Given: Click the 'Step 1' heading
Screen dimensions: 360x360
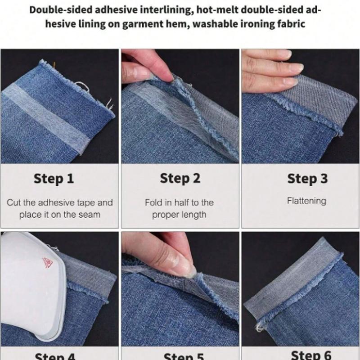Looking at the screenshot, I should pyautogui.click(x=54, y=179).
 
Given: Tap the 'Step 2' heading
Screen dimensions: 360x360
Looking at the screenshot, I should pyautogui.click(x=180, y=179).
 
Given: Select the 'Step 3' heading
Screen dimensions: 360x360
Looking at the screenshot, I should pyautogui.click(x=307, y=179).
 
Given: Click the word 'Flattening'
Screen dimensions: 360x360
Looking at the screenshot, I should pyautogui.click(x=307, y=201).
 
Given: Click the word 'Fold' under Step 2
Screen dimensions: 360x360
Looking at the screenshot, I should pyautogui.click(x=153, y=202).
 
